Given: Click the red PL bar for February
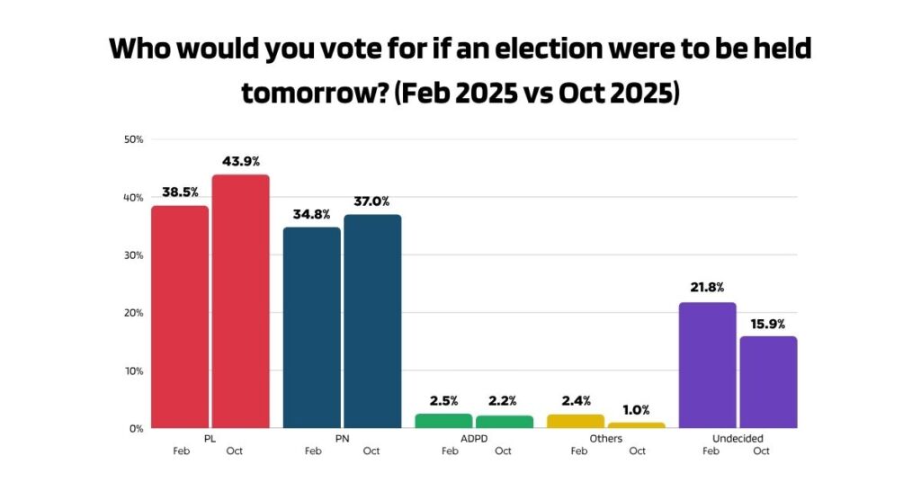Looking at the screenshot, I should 180,317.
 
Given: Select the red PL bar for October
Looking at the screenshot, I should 240,301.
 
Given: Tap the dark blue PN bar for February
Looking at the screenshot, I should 312,327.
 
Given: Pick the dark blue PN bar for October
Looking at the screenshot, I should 372,321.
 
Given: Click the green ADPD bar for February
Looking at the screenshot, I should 443,421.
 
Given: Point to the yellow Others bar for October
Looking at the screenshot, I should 636,425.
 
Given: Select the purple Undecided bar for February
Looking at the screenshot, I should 708,365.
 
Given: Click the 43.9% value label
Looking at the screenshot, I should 240,162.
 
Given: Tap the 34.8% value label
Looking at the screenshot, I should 312,214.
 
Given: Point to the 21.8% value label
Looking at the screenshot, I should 708,290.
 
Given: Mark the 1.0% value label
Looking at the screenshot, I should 636,410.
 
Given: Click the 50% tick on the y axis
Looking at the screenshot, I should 134,139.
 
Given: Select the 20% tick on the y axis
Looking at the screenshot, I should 134,313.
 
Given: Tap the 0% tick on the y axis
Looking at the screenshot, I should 137,428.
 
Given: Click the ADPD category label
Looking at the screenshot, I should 473,439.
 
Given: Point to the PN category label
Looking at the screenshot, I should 342,439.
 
